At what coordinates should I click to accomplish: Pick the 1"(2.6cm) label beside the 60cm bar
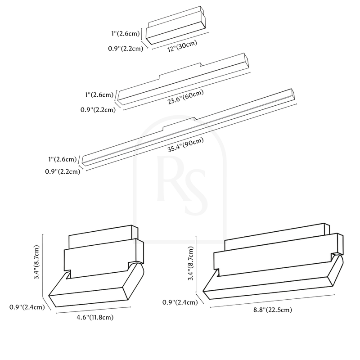pyautogui.click(x=99, y=95)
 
